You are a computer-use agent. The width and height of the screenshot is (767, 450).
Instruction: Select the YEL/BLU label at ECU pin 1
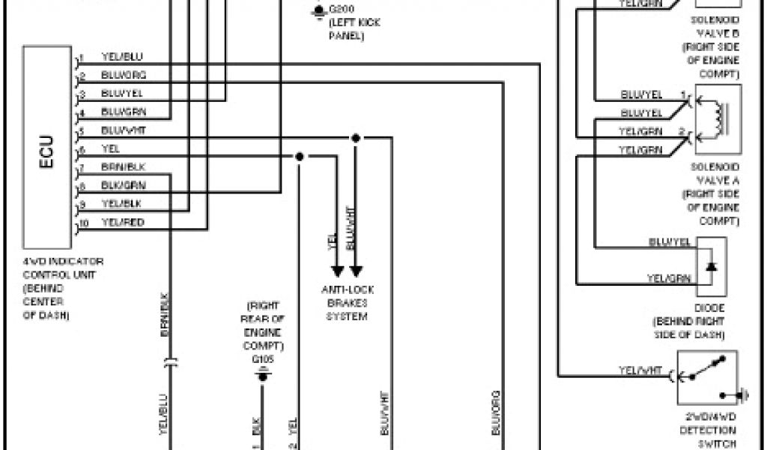pyautogui.click(x=121, y=57)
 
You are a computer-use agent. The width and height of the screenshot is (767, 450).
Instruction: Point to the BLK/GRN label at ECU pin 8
pyautogui.click(x=123, y=185)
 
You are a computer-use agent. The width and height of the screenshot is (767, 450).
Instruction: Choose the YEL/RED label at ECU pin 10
pyautogui.click(x=123, y=223)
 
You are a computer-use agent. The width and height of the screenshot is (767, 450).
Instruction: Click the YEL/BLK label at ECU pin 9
pyautogui.click(x=121, y=204)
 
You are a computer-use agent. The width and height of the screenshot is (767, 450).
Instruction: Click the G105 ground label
pyautogui.click(x=262, y=360)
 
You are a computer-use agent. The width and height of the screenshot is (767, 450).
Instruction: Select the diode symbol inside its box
pyautogui.click(x=712, y=267)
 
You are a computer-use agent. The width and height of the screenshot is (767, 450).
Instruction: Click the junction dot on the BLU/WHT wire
pyautogui.click(x=356, y=138)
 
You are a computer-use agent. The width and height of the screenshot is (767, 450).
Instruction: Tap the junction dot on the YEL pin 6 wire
pyautogui.click(x=299, y=157)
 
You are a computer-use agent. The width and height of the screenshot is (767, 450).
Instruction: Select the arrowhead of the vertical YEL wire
pyautogui.click(x=336, y=270)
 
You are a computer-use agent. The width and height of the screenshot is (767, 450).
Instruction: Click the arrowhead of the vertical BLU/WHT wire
pyautogui.click(x=357, y=270)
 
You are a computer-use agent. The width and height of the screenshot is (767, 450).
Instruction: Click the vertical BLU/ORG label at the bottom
pyautogui.click(x=495, y=412)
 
